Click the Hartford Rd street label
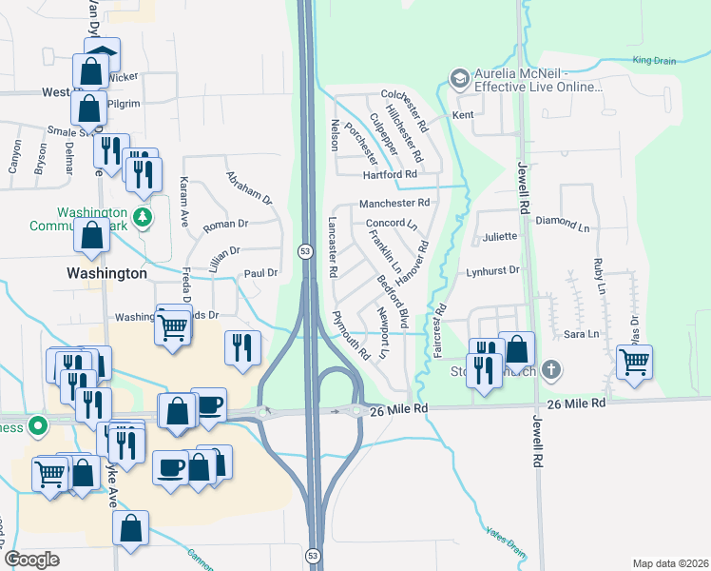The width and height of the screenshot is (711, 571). pos(390,175)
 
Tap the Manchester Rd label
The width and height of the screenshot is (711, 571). pos(394,203)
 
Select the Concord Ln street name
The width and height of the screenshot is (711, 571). pos(392,224)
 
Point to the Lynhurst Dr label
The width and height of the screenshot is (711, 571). pos(493,270)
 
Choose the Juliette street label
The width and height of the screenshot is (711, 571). pos(500,237)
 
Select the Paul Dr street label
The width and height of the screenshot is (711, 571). pos(259,273)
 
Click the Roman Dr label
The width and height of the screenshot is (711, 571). pos(225,225)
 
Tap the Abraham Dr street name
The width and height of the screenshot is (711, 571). pos(249,187)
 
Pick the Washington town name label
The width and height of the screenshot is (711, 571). pos(106,273)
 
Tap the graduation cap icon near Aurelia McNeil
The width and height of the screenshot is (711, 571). pos(460,77)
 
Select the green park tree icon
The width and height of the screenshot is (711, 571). pos(143,217)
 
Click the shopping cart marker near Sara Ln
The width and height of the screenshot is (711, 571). pos(634,360)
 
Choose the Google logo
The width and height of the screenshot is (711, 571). pos(31,560)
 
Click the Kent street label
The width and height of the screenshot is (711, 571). pos(463,115)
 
